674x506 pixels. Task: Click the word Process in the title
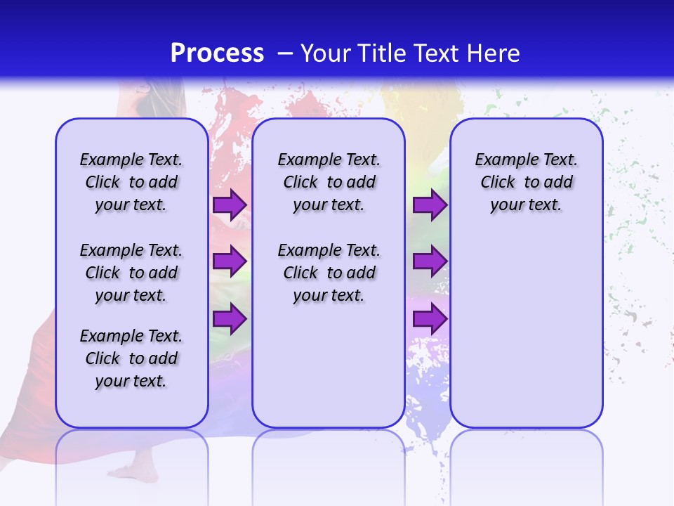click(217, 53)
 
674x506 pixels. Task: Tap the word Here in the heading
click(494, 53)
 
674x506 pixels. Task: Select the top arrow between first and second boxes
click(230, 205)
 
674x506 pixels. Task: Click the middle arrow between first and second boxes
click(230, 261)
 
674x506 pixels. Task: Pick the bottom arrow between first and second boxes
click(230, 319)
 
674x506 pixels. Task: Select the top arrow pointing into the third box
click(430, 205)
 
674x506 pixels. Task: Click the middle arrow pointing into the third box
click(430, 261)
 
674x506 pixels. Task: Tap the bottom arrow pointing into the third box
click(430, 319)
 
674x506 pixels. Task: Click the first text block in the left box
click(131, 182)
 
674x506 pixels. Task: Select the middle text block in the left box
click(131, 273)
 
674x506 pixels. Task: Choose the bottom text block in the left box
click(131, 358)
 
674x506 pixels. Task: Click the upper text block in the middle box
click(329, 182)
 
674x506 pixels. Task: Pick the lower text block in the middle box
click(329, 273)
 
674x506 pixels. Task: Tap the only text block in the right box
click(526, 182)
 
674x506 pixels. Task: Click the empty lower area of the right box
click(526, 337)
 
